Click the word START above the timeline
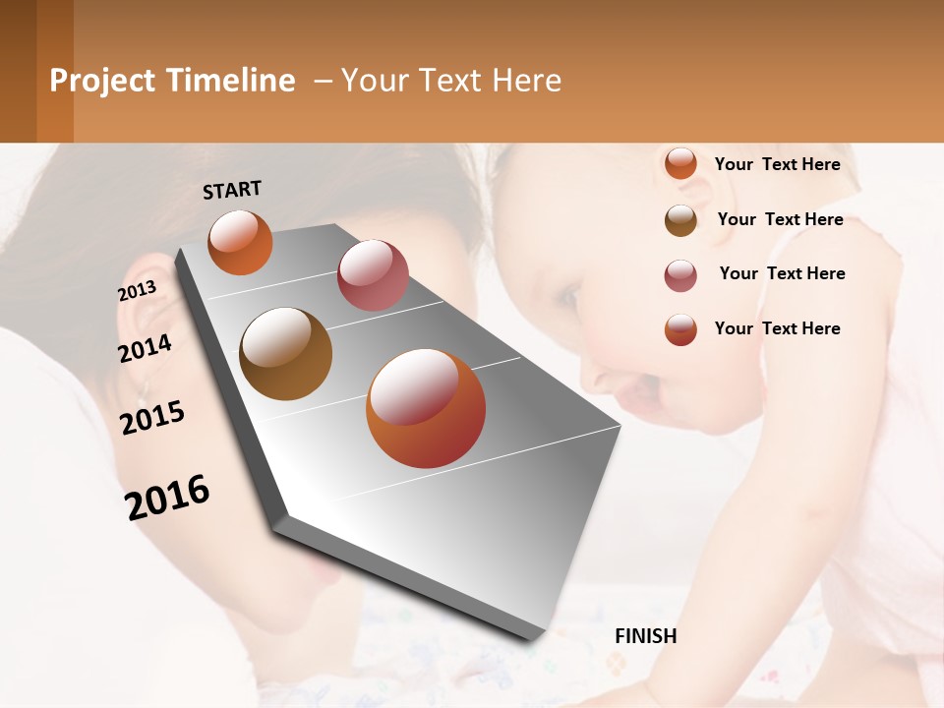coord(232,189)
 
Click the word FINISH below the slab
coord(645,636)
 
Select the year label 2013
coord(137,291)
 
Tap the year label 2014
coord(145,348)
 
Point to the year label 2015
coord(152,418)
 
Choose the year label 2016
coord(167,498)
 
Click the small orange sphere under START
coord(240,243)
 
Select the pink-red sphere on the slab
coord(373,275)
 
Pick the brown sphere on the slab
coord(285,354)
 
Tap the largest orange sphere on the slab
coord(426,408)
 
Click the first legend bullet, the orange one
coord(680,164)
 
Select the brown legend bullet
coord(680,220)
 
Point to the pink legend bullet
coord(680,275)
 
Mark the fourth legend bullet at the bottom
coord(680,329)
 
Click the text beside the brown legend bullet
coord(780,219)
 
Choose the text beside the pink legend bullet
coord(782,273)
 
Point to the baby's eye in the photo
coord(567,292)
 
